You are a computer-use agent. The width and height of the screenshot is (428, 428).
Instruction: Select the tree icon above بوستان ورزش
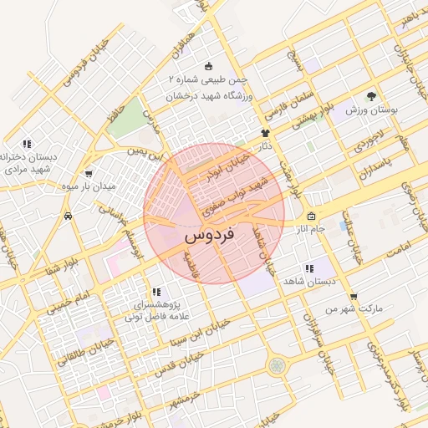click(371, 96)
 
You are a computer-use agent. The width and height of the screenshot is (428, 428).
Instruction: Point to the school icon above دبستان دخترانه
click(27, 144)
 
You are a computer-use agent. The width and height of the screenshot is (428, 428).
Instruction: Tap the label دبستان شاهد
click(308, 282)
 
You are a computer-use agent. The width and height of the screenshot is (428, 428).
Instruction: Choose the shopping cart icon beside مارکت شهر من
click(354, 296)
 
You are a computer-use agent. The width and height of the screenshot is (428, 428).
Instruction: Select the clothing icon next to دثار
click(266, 132)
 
